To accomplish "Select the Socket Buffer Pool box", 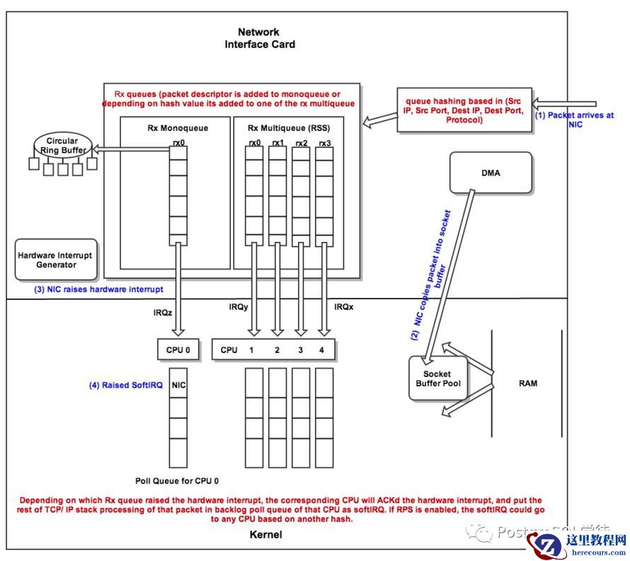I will pos(437,378).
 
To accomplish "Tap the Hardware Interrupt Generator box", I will pos(55,259).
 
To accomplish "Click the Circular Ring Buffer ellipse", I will pos(64,146).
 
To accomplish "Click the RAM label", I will pos(528,383).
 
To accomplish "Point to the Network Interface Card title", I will pos(259,38).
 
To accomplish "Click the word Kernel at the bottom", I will pos(266,534).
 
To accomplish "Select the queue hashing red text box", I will pos(464,110).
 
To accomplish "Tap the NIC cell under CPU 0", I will pos(178,386).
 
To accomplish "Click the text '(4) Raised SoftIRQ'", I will pos(126,386).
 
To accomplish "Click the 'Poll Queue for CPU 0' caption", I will pos(178,479).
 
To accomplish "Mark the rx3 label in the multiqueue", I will pos(324,144).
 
